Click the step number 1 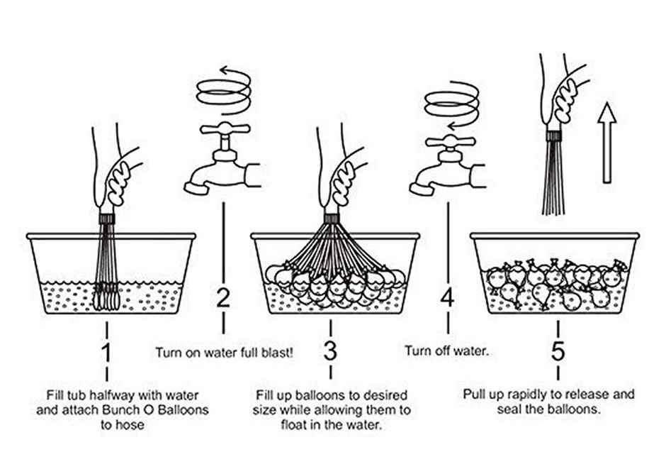(x=106, y=352)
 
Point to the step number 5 (x=558, y=352)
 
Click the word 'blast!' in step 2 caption (x=277, y=351)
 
